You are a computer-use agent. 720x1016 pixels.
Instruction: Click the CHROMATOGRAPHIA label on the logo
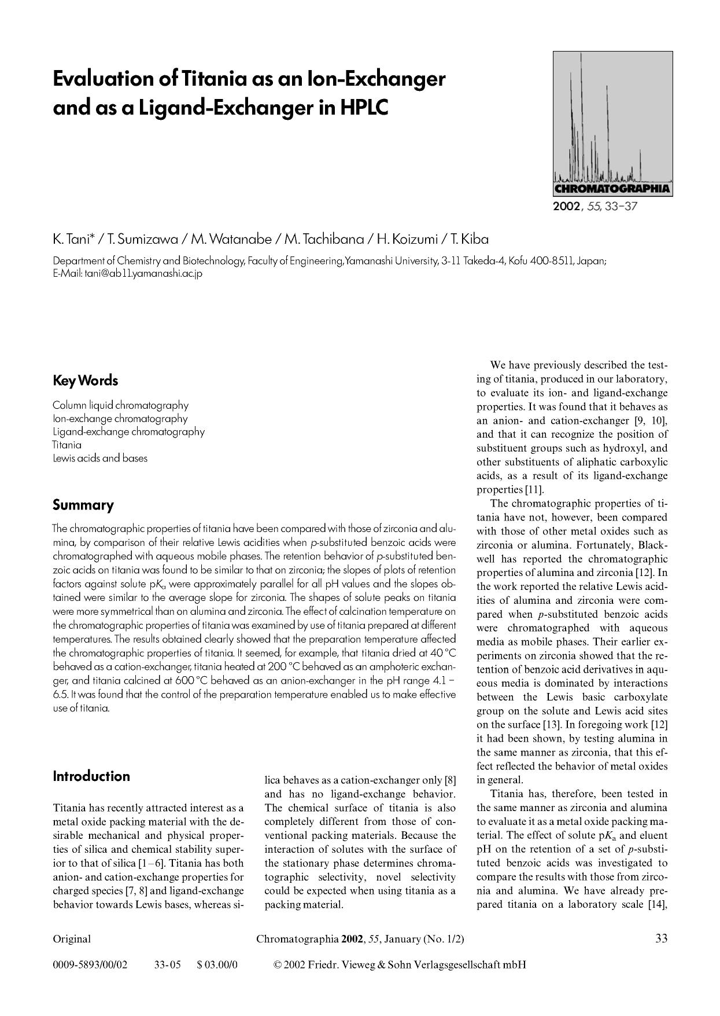coord(612,188)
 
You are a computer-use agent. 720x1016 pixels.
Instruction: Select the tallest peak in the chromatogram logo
coord(581,116)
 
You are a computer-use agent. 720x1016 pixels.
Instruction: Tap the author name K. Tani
coord(73,239)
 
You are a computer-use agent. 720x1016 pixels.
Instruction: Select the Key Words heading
coord(85,380)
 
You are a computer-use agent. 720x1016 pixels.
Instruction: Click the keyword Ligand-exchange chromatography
coord(128,431)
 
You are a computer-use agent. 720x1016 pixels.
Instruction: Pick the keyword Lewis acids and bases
coord(100,458)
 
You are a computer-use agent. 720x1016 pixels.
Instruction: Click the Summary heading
coord(83,505)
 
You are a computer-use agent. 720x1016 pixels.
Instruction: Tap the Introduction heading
coord(91,776)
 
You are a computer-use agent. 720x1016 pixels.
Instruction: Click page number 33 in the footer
coord(661,938)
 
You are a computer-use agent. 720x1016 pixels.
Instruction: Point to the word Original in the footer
coord(72,939)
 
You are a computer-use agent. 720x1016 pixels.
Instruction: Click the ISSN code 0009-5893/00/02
coord(90,964)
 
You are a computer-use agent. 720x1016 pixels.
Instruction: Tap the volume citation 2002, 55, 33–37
coord(595,206)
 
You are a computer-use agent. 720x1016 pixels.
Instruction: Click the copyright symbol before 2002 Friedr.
coord(277,964)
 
